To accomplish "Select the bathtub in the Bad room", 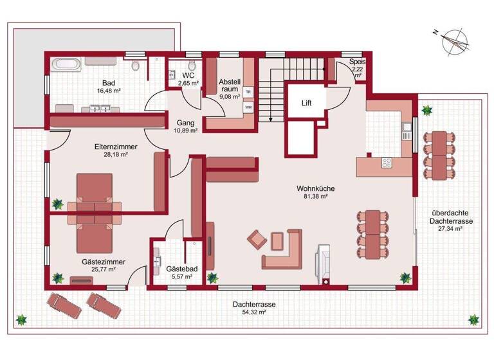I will click(x=66, y=64).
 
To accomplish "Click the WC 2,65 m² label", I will click(x=188, y=80).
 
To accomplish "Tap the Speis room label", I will click(x=357, y=67).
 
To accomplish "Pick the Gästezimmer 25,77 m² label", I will click(x=103, y=265).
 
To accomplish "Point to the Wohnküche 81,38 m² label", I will click(x=312, y=192).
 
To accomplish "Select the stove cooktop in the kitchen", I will click(x=387, y=163).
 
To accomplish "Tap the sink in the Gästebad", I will click(x=158, y=262).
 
